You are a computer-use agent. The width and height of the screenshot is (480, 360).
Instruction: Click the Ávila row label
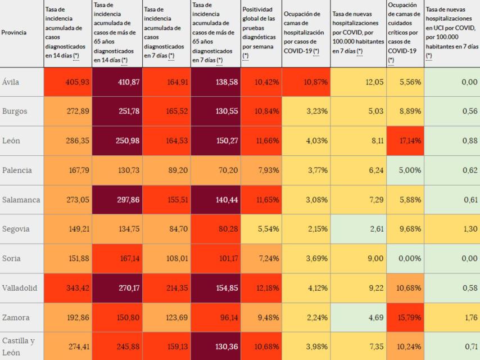pyautogui.click(x=11, y=82)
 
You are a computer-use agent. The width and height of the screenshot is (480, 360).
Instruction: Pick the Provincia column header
pyautogui.click(x=14, y=33)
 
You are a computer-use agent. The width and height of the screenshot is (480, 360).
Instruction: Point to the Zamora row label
pyautogui.click(x=16, y=317)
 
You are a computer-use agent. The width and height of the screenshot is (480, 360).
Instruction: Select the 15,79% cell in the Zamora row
pyautogui.click(x=409, y=317)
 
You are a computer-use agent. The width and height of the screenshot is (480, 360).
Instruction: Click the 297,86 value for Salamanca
pyautogui.click(x=126, y=200)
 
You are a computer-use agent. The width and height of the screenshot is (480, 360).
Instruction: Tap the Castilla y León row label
pyautogui.click(x=19, y=346)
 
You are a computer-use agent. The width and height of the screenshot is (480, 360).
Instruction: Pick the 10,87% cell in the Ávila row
pyautogui.click(x=315, y=82)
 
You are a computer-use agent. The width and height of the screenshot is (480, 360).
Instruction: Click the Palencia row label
pyautogui.click(x=17, y=170)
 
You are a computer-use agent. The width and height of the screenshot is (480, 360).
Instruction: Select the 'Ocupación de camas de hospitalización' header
pyautogui.click(x=305, y=33)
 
